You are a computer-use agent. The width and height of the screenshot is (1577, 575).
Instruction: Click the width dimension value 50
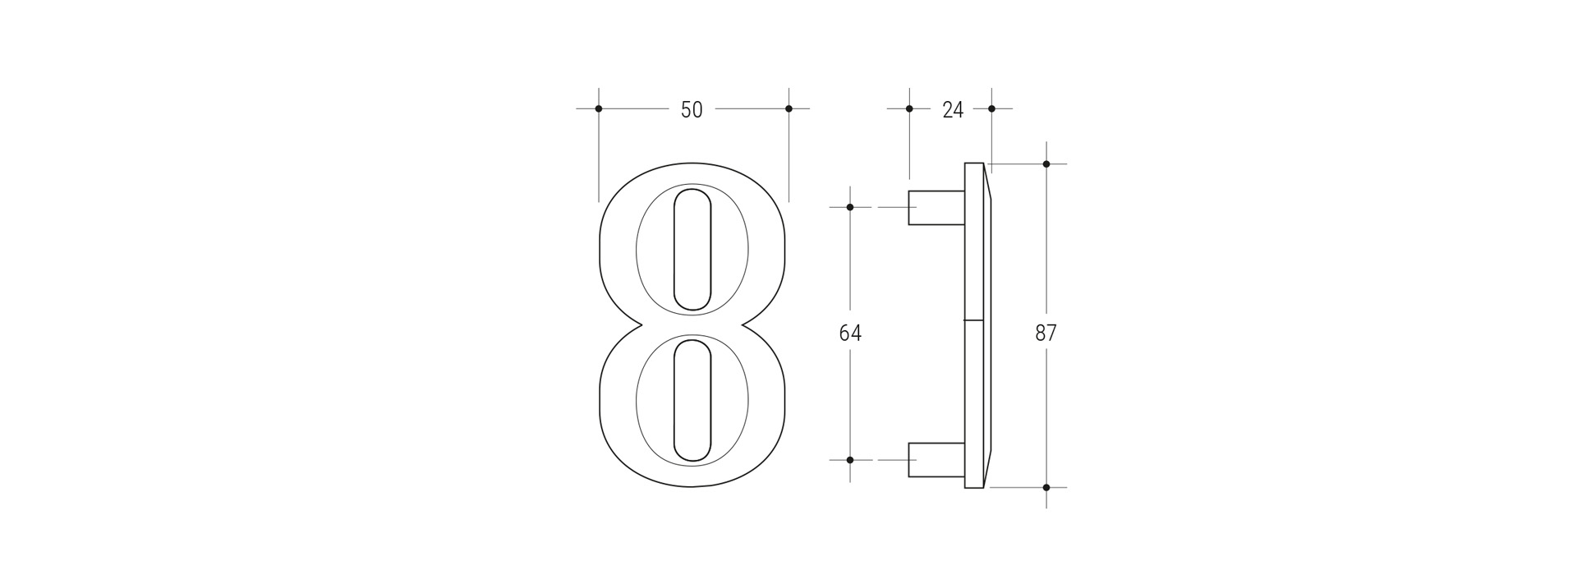coord(692,109)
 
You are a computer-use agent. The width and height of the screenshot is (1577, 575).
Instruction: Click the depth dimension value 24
coord(952,109)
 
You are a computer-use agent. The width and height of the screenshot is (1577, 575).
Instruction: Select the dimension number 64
coord(850,333)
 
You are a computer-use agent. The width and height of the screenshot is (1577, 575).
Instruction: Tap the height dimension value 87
coord(1046,333)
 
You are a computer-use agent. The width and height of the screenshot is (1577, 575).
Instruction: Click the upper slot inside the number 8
coord(692,250)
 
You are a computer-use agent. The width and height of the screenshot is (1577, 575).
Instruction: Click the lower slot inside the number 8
coord(692,401)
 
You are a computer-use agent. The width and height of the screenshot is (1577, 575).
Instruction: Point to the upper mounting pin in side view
coord(936,207)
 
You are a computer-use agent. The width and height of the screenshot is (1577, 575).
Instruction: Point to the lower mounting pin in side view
coord(936,460)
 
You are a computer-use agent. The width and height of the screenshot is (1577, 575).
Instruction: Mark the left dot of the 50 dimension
coord(599,108)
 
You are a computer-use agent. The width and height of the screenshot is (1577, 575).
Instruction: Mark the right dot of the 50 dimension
coord(788,108)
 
